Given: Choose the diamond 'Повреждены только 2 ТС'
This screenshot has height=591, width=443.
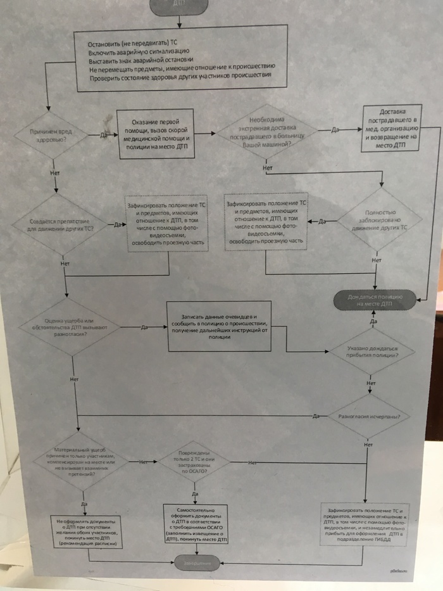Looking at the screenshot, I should (194, 464).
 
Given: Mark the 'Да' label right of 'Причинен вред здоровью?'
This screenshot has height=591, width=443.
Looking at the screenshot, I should (103, 134).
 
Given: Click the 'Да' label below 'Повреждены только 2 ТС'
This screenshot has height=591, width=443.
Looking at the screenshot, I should (195, 493).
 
